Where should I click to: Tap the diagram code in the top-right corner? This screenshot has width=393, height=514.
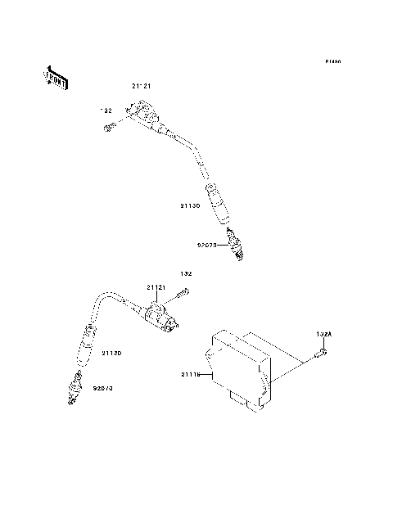click(332, 62)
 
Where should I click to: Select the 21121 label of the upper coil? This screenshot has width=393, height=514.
click(142, 86)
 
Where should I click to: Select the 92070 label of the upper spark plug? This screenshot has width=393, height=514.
click(207, 244)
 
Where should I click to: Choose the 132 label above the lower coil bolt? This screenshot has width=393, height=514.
click(186, 273)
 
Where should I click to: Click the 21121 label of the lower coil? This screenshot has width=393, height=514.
click(157, 288)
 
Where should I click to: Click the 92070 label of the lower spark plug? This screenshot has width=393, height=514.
click(102, 388)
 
